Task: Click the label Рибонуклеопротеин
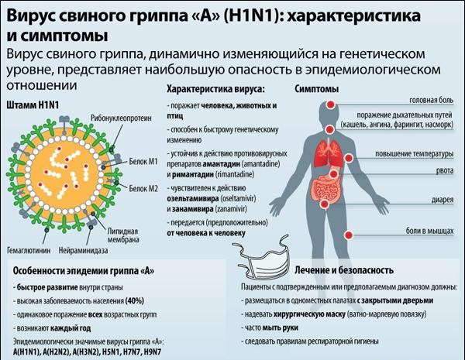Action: [121, 118]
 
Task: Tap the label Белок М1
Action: [143, 162]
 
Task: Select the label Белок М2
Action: [143, 188]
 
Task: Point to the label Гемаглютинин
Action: [29, 251]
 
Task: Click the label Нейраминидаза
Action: [83, 251]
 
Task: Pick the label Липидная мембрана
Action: [123, 235]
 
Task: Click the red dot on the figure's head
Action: [331, 105]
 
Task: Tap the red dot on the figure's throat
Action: [329, 129]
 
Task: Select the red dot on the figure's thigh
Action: [349, 235]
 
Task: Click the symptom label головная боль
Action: [432, 100]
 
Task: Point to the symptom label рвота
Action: [445, 170]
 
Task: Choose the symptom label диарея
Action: [443, 200]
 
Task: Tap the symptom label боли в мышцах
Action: [429, 231]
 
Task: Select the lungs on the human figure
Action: [329, 153]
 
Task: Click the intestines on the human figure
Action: [325, 188]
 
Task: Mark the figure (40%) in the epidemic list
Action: [135, 300]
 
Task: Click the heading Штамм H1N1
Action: [33, 105]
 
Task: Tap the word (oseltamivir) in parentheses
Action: [238, 198]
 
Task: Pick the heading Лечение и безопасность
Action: [344, 270]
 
